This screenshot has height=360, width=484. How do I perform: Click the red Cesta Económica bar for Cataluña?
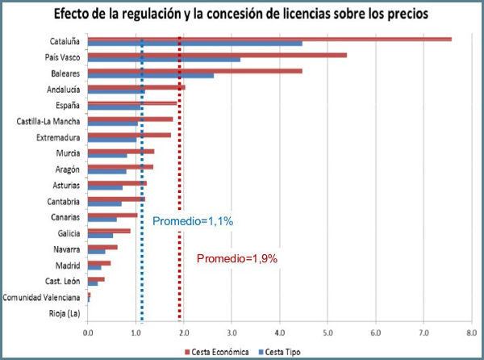coord(269,39)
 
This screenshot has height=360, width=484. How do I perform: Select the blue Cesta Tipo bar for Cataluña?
coord(194,44)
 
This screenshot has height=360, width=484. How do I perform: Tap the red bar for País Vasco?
coord(217,55)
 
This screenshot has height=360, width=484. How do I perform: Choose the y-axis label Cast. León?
coord(62,281)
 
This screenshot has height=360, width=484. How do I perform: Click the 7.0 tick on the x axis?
coord(423,332)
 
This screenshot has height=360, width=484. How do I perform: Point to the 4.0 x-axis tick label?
coord(280,332)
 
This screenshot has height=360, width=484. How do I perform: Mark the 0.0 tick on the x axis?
coord(88,332)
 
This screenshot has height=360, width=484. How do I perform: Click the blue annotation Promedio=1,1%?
coord(192,220)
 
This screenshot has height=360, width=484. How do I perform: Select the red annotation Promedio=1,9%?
coord(237,258)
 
